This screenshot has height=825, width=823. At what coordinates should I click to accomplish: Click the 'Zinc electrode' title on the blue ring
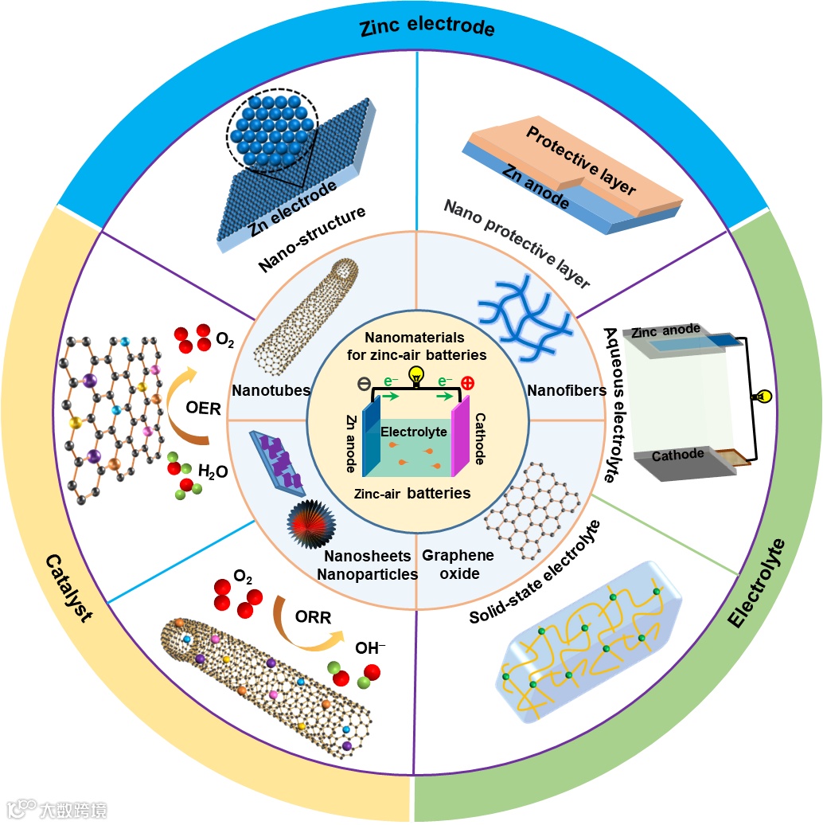point(427,29)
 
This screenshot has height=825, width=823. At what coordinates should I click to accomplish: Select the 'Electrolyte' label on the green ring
point(757,584)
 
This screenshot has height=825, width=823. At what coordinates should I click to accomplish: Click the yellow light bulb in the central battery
point(414,375)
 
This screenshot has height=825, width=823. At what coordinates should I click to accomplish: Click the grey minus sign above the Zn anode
point(363,383)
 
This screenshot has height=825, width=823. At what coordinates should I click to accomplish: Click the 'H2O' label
point(213,472)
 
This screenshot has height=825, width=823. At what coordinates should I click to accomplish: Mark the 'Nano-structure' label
point(313,239)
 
